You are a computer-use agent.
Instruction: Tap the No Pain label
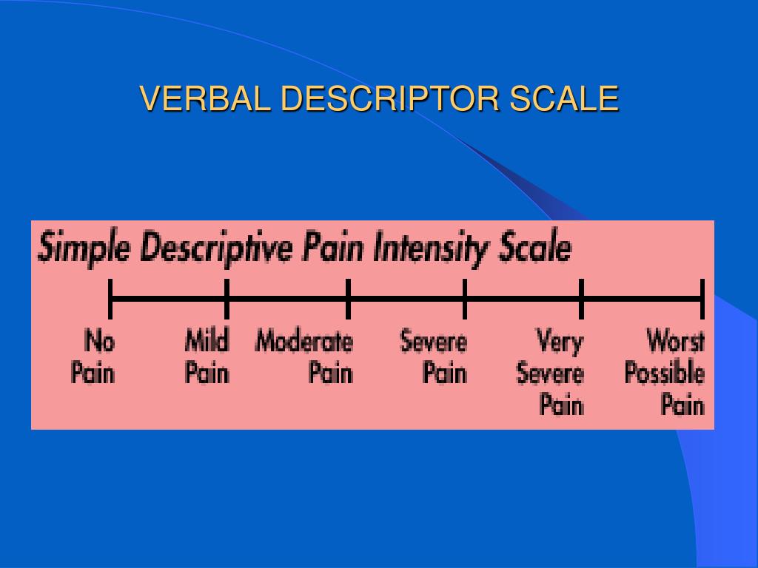click(x=94, y=357)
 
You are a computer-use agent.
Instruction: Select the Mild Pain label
click(x=207, y=357)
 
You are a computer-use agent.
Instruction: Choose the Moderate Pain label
click(x=305, y=357)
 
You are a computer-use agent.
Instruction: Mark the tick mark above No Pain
click(x=110, y=298)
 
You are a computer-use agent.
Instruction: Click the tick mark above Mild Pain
click(x=227, y=298)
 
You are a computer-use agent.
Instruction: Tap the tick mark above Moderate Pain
click(x=348, y=298)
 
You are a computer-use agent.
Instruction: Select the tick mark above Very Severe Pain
click(x=581, y=298)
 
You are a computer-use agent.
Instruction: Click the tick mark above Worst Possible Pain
click(x=702, y=298)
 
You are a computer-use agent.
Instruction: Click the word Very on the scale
click(x=560, y=342)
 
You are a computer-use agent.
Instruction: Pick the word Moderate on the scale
click(x=304, y=342)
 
